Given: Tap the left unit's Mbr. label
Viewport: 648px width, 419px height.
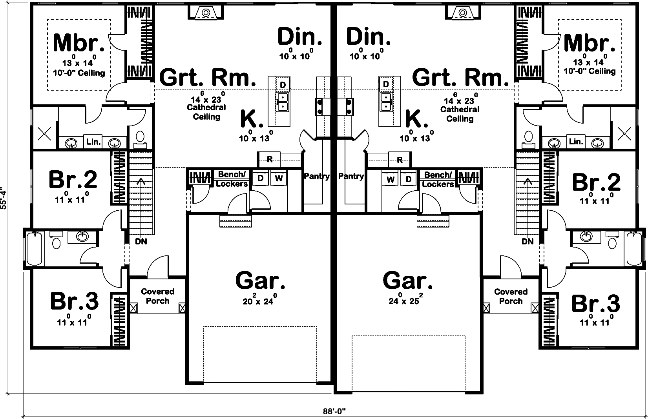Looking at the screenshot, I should point(78,43).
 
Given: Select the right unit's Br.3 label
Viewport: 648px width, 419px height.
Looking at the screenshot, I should point(595,303).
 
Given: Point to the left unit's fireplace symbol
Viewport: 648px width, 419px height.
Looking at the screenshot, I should point(206,13).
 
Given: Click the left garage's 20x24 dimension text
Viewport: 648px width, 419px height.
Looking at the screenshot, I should point(261,301).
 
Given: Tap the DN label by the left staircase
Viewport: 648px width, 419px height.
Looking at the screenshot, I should point(141,242).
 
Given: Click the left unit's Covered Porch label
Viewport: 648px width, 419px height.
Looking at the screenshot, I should point(157,296).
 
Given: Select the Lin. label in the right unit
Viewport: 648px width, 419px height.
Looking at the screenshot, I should point(576,142).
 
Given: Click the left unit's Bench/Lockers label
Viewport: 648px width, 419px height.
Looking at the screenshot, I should point(232,179).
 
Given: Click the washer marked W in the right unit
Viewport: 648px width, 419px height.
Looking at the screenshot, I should point(390,179).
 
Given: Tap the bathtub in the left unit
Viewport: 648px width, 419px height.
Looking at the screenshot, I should point(35,248).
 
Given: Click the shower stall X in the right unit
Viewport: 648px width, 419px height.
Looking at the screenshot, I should point(623,133).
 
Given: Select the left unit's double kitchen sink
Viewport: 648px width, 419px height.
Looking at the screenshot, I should point(283,102).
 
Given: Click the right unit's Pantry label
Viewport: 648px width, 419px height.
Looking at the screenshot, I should point(351,176).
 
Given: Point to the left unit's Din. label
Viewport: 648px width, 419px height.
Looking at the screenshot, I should point(300,36).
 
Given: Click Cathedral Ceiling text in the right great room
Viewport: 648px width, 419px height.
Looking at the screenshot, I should point(460,114).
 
